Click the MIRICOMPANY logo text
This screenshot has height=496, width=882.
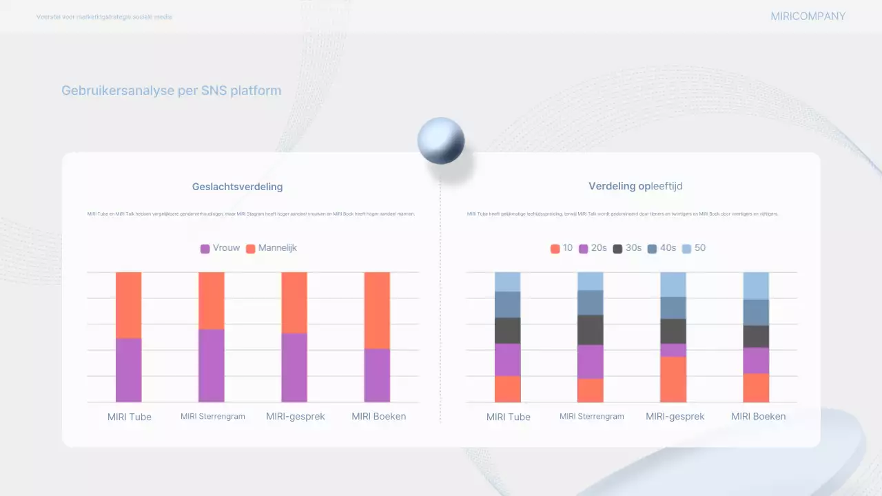(808, 17)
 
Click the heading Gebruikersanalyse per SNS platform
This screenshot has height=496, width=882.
(171, 91)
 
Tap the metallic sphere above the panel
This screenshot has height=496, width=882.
(441, 141)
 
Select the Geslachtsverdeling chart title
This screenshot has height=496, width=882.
(237, 187)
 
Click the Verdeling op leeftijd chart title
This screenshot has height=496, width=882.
(635, 186)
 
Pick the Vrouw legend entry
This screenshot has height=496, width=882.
(220, 248)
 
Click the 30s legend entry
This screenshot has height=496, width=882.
(627, 248)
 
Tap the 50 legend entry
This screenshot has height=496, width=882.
(694, 248)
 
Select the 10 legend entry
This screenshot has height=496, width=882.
(562, 248)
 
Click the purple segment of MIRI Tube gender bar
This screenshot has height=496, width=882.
(128, 370)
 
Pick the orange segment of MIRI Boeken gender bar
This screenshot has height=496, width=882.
(377, 310)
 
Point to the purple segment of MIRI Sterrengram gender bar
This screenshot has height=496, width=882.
(211, 365)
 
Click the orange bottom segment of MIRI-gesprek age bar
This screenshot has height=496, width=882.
(673, 379)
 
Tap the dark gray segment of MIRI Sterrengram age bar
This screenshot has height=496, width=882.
(590, 329)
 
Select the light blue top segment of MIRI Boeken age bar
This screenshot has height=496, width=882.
(756, 285)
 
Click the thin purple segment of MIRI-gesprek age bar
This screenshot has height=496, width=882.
(673, 350)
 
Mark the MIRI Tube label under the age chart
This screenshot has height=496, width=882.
(509, 417)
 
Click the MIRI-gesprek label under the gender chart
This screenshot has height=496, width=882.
(295, 417)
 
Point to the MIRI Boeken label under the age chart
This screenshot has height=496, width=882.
(758, 416)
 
